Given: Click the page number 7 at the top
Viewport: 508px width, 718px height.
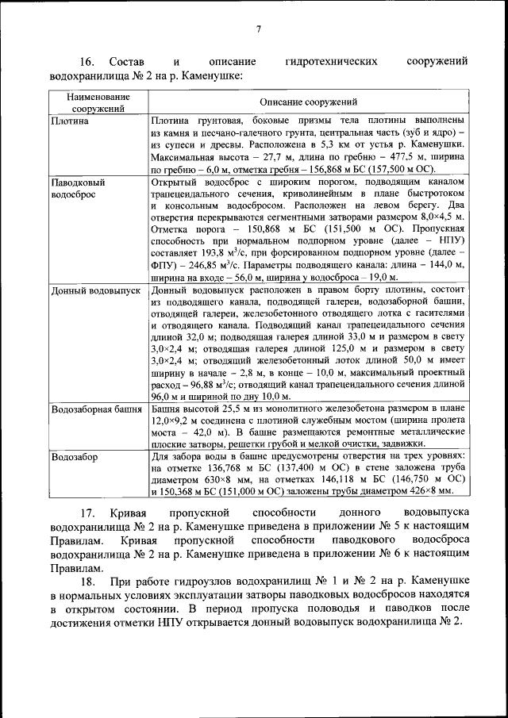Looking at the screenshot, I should point(259,30).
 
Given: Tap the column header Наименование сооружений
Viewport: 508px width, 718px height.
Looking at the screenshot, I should point(96,102).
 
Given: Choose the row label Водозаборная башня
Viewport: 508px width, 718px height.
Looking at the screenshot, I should point(95,409).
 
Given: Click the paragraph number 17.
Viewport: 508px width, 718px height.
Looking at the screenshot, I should point(87,513).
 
